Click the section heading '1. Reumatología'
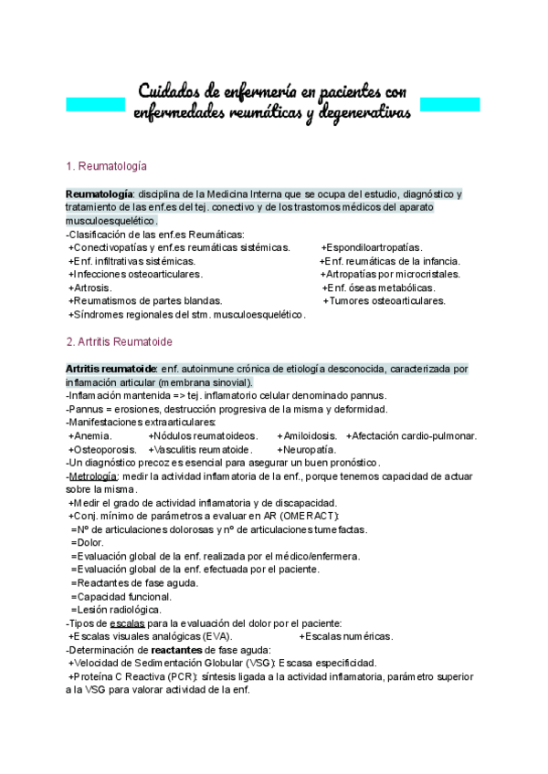[x=108, y=167]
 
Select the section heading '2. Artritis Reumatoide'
[x=119, y=341]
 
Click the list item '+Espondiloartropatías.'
[x=372, y=247]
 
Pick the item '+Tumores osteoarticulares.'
[x=385, y=300]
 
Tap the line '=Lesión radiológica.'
[x=116, y=609]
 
